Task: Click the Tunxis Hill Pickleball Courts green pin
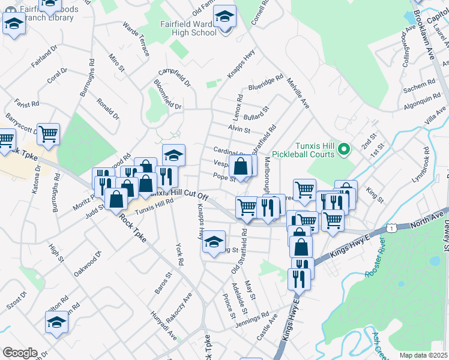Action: [343, 148]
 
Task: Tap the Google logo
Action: [19, 353]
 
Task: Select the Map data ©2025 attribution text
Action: [424, 355]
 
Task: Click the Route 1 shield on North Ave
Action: [391, 229]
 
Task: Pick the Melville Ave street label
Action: [298, 93]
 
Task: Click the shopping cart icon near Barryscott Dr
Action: [48, 134]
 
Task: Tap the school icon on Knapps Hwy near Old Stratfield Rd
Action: [214, 242]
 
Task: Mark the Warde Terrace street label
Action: [136, 40]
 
